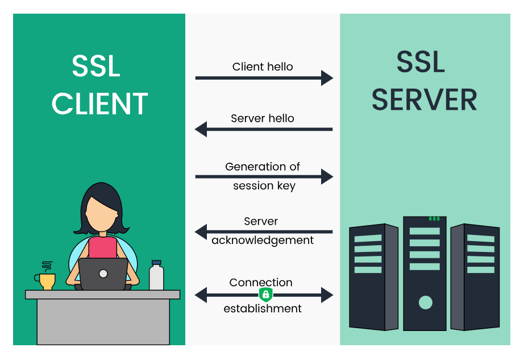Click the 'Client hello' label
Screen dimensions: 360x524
263,67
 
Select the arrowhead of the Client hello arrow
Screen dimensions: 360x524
327,78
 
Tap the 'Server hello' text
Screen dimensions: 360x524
263,118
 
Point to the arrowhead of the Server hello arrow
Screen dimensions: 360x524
201,130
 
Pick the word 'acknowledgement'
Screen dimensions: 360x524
263,240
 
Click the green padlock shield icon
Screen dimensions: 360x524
265,294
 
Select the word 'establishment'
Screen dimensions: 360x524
263,308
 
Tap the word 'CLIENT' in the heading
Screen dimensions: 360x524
99,104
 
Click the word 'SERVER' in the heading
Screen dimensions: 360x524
424,99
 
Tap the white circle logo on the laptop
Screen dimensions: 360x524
103,274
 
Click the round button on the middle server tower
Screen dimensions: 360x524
425,302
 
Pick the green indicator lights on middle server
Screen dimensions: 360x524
434,218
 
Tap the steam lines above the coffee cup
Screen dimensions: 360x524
48,266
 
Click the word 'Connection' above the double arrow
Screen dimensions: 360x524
261,282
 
